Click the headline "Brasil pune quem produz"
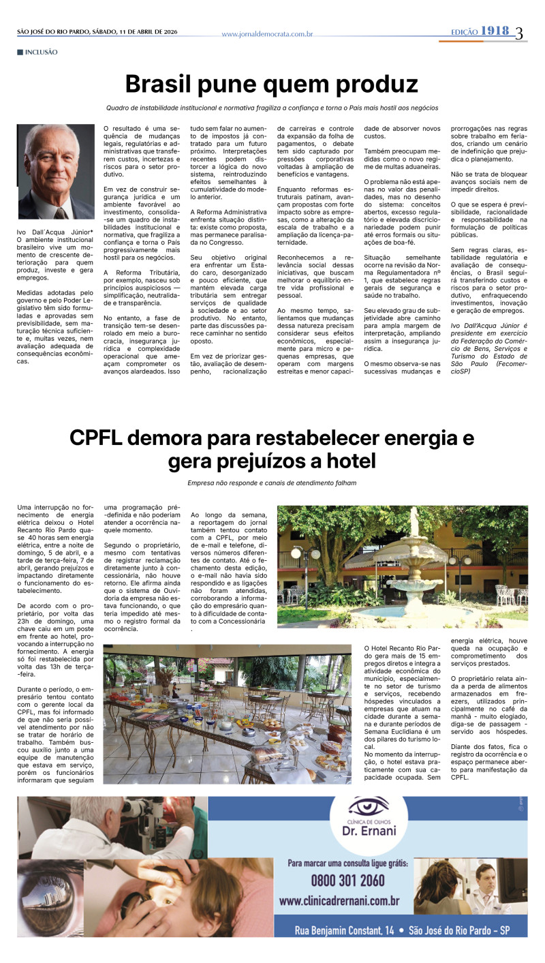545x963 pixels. [x=271, y=85]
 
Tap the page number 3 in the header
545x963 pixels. [x=519, y=33]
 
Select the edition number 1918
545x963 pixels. [x=495, y=31]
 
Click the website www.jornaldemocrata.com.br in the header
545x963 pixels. [x=267, y=34]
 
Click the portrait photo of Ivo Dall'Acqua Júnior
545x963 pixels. [x=56, y=172]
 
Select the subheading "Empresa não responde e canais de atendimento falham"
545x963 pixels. [x=272, y=483]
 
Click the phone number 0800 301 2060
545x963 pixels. [x=347, y=880]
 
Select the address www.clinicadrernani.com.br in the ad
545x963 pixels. [x=339, y=901]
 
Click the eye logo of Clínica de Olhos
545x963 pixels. [x=368, y=807]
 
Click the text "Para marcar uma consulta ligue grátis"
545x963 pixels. [x=347, y=862]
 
